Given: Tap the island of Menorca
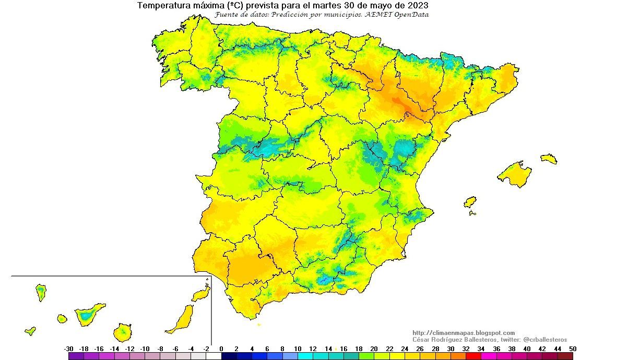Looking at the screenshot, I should point(549,158).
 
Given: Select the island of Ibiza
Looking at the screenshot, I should point(470,202).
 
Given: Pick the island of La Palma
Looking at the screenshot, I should point(41,292).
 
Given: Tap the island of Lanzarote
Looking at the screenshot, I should point(200,295).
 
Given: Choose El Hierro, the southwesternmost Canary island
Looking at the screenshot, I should point(30,331).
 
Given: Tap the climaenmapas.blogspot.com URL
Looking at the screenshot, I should point(463,333).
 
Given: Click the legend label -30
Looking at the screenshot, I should point(68,349).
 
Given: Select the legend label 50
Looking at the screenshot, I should point(573,349).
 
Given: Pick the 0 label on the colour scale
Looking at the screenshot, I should point(221,349).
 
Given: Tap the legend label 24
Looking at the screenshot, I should point(405,349).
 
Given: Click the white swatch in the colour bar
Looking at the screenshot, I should point(214,356).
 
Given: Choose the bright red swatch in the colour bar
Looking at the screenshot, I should point(473,356).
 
